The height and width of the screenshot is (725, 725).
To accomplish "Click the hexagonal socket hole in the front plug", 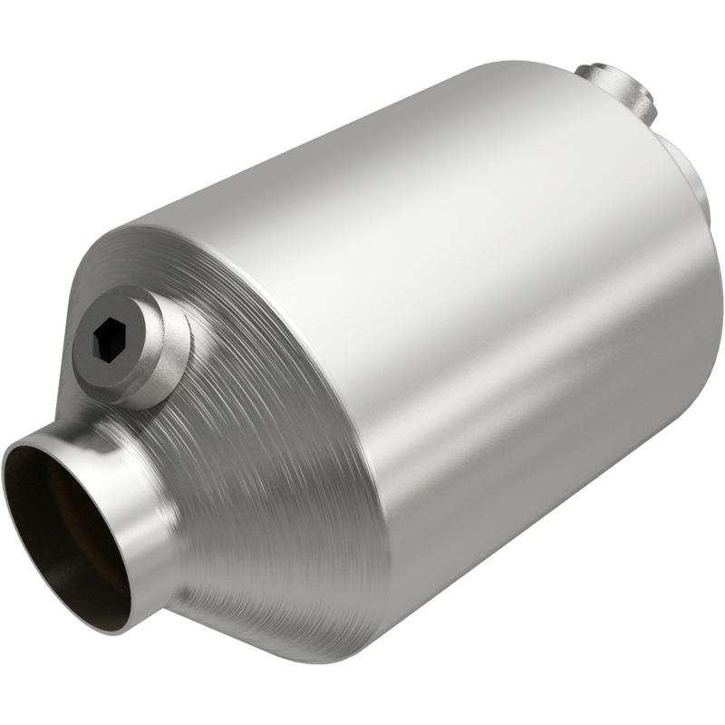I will point(112,342).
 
